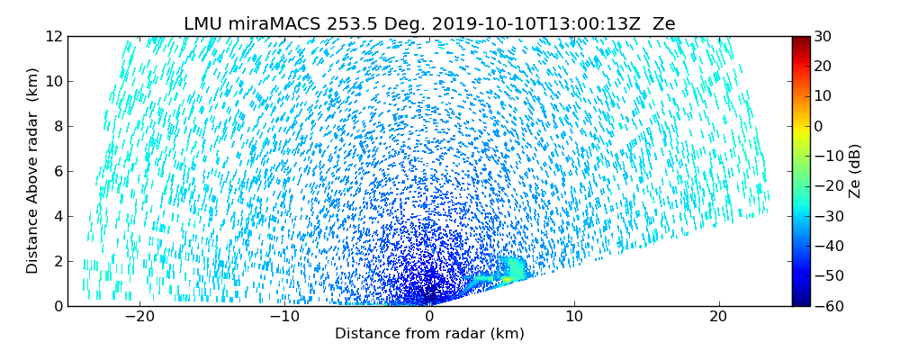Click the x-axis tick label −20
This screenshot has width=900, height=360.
(x=139, y=317)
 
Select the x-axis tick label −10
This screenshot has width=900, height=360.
(x=284, y=317)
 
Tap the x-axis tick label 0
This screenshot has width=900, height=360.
(x=429, y=317)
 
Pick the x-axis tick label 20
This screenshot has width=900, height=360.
(x=718, y=317)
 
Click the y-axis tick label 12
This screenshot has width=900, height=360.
(x=54, y=36)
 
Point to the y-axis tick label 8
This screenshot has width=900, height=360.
(x=58, y=126)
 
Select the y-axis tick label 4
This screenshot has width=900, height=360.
(x=58, y=216)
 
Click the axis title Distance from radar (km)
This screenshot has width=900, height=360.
(x=429, y=334)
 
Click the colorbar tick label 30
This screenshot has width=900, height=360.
(x=823, y=36)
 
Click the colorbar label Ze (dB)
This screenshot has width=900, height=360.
(x=855, y=171)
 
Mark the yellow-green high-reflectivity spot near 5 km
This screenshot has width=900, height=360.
(x=508, y=280)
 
